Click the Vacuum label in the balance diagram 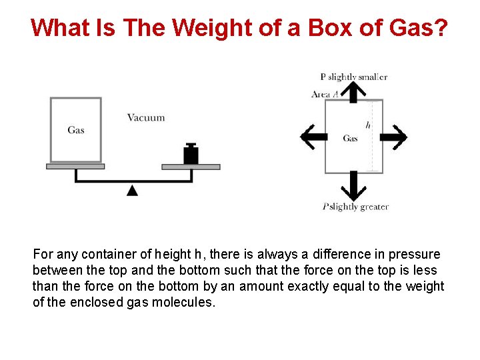point(146,118)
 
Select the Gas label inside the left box point(76,130)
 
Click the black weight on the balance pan point(191,154)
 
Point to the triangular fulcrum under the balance point(133,191)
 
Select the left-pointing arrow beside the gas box point(313,137)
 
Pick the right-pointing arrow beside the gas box point(393,137)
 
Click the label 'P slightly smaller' point(354,77)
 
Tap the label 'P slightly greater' point(355,207)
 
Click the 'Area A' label point(325,95)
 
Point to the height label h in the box point(368,125)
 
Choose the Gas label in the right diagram point(350,139)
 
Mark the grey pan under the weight point(191,167)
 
